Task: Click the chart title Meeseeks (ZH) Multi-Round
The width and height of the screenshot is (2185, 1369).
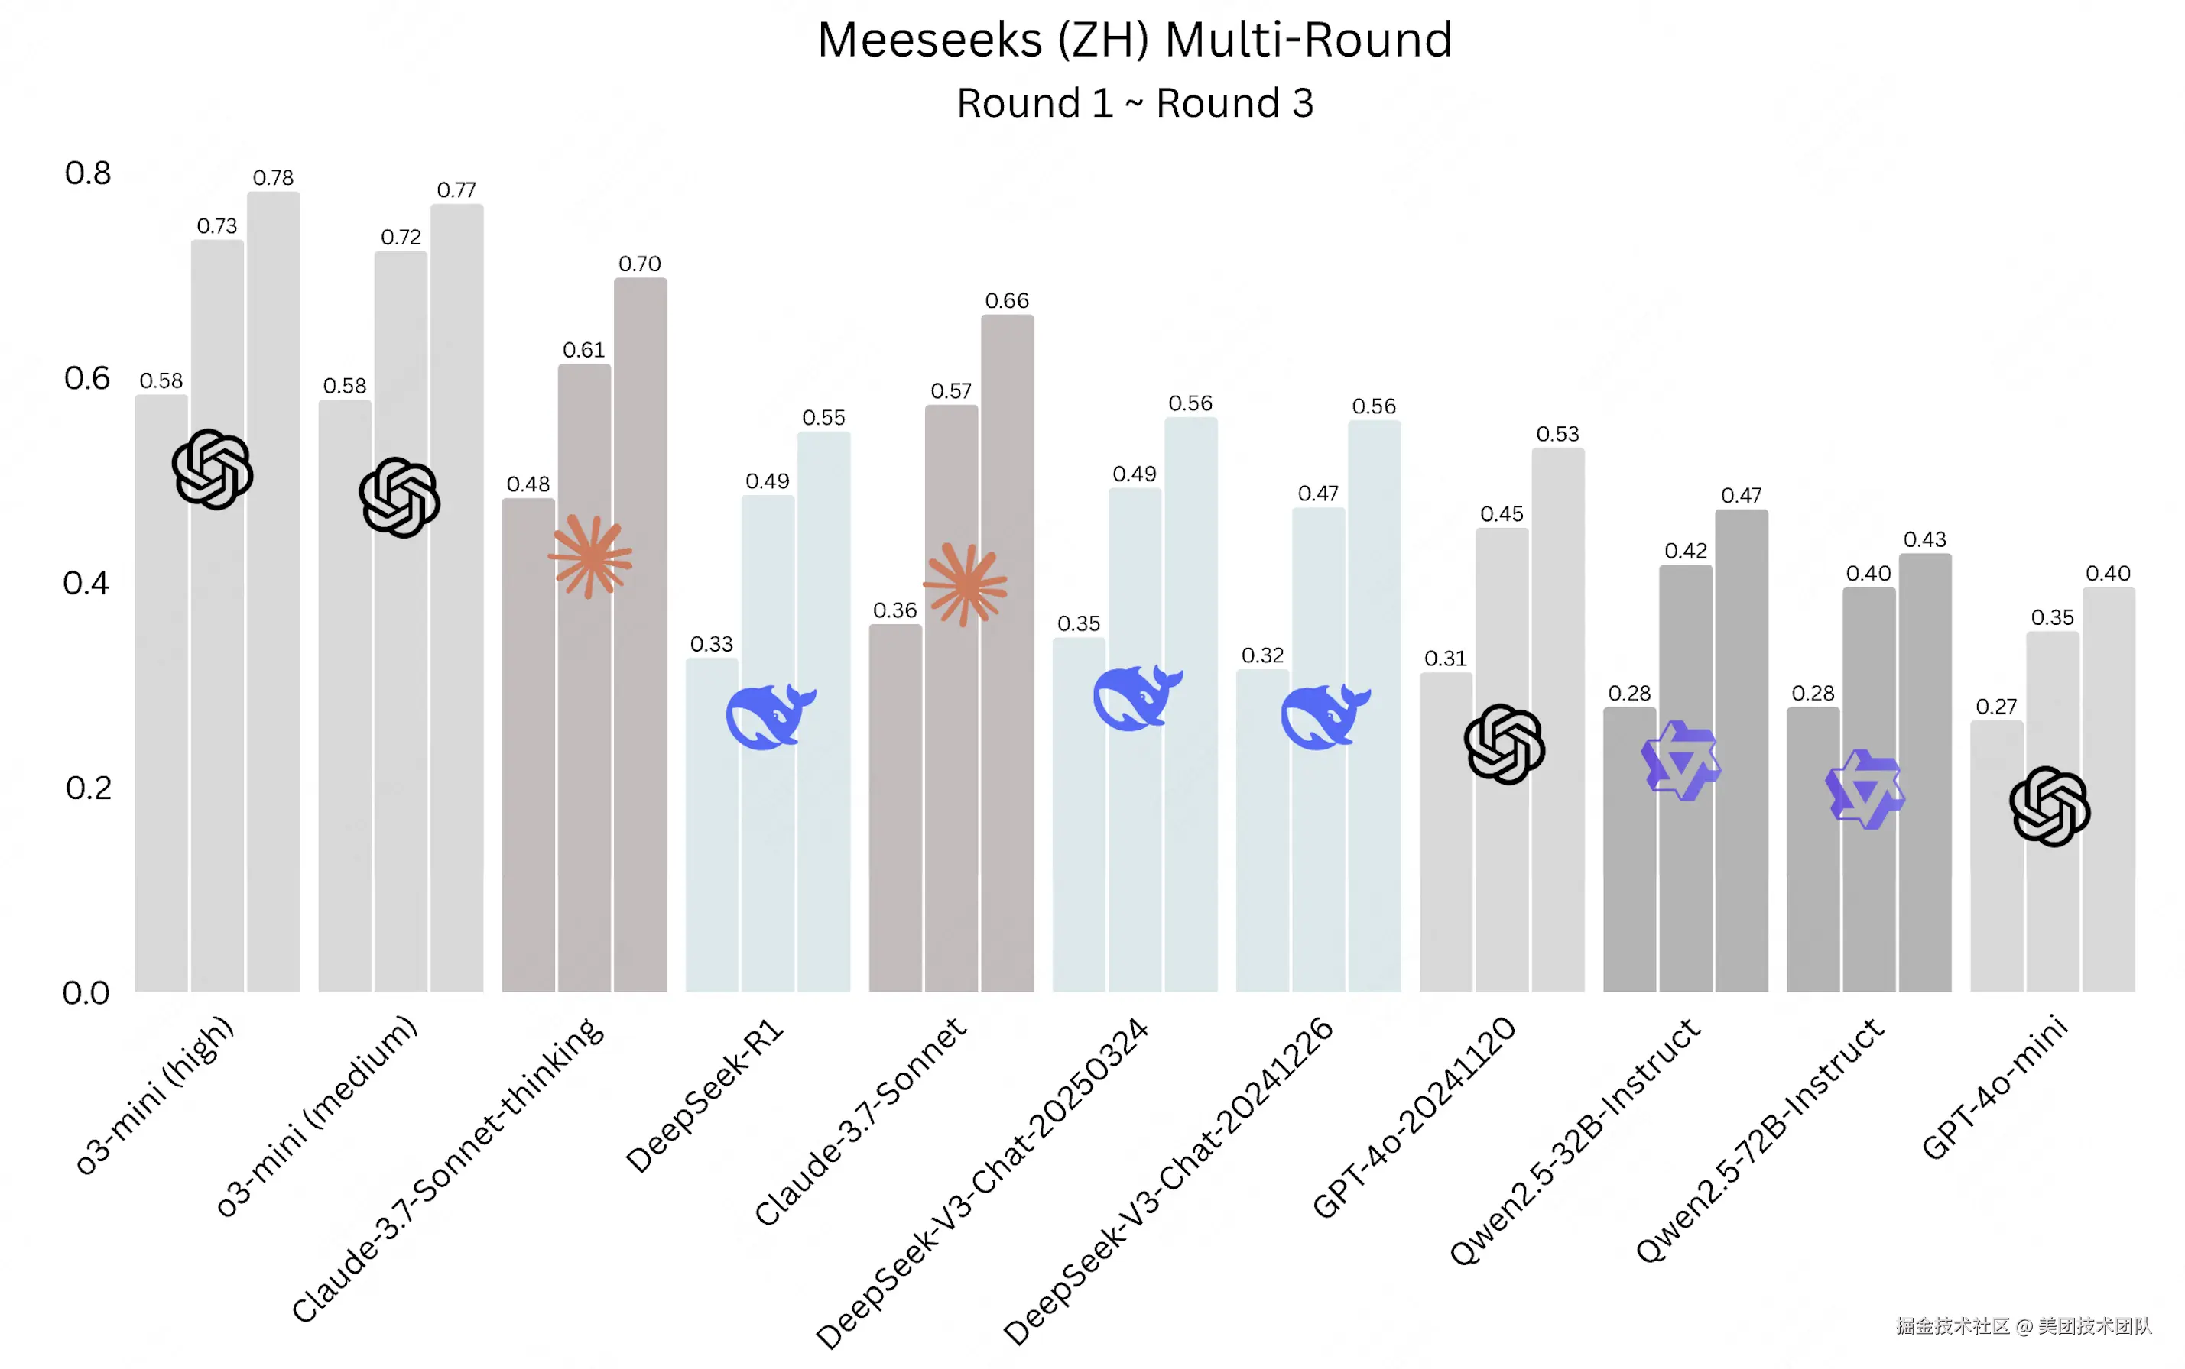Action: pyautogui.click(x=1135, y=40)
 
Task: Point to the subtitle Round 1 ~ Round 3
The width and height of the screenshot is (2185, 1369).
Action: pyautogui.click(x=1135, y=103)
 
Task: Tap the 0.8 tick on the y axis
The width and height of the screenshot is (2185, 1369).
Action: pyautogui.click(x=87, y=173)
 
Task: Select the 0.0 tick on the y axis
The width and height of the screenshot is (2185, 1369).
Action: pyautogui.click(x=86, y=993)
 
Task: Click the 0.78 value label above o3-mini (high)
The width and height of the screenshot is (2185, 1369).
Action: pyautogui.click(x=273, y=177)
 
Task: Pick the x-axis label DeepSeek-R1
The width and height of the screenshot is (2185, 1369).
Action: pyautogui.click(x=706, y=1096)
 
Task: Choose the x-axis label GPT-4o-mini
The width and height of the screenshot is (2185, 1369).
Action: pyautogui.click(x=1994, y=1087)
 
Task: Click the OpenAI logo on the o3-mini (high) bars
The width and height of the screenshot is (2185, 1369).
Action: pyautogui.click(x=212, y=469)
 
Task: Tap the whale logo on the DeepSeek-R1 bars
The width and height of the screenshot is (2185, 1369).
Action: pyautogui.click(x=770, y=715)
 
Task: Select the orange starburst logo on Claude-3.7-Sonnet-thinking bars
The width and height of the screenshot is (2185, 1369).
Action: pyautogui.click(x=589, y=556)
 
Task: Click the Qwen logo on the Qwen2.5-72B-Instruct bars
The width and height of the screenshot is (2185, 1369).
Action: pyautogui.click(x=1865, y=788)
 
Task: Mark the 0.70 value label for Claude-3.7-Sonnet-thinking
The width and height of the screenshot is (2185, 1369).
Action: pyautogui.click(x=640, y=264)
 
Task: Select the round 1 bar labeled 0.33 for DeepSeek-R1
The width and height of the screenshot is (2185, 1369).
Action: pyautogui.click(x=711, y=824)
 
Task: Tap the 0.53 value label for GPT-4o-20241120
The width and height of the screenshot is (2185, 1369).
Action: pyautogui.click(x=1557, y=434)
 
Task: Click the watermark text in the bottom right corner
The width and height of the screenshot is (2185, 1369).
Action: pyautogui.click(x=2023, y=1325)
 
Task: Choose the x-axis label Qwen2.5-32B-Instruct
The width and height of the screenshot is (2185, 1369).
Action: pyautogui.click(x=1576, y=1141)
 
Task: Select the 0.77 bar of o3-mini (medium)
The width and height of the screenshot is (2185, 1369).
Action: pyautogui.click(x=456, y=597)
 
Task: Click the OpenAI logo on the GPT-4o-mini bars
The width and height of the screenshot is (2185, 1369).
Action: pyautogui.click(x=2049, y=806)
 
